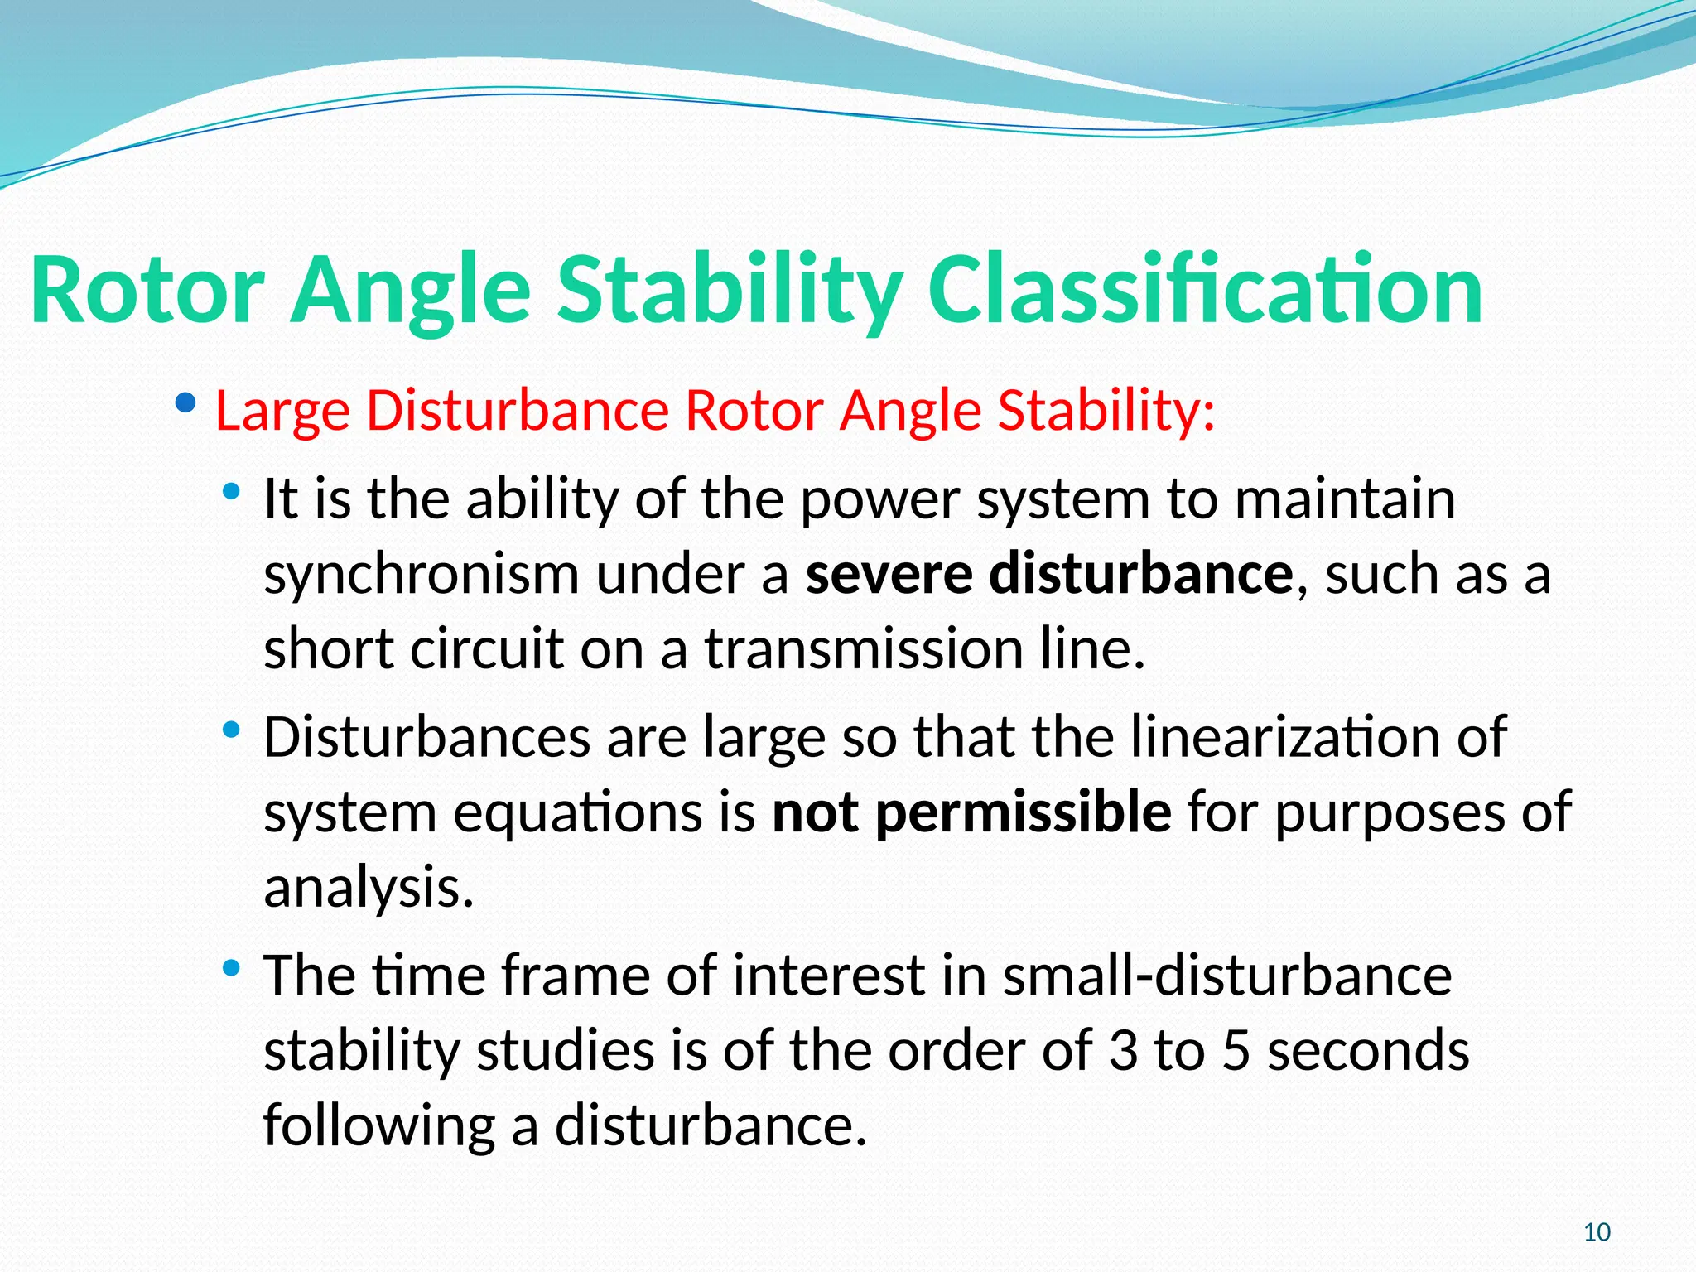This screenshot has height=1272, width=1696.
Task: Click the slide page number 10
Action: pos(1597,1232)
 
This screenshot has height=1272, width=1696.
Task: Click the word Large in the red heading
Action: pos(282,411)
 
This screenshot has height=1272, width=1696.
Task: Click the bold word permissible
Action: pos(1023,812)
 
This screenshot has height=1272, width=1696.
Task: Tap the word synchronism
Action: pos(421,574)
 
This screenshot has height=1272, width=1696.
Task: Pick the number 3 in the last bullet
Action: pos(1123,1050)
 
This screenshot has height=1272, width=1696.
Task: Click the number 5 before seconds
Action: pos(1235,1050)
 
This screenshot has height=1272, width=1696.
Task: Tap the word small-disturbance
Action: pos(1226,976)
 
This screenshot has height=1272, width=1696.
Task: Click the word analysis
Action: pos(369,888)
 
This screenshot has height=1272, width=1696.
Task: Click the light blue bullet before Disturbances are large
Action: pos(231,730)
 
